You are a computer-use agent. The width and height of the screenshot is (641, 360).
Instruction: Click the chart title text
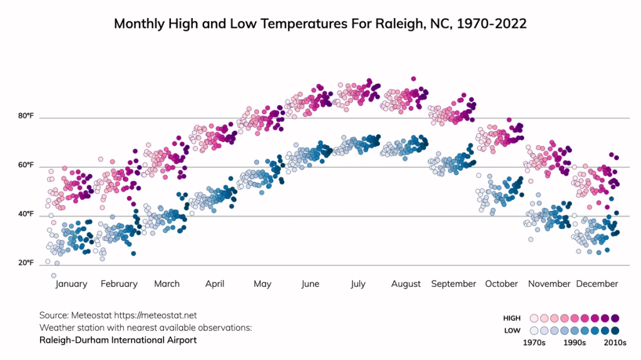click(320, 24)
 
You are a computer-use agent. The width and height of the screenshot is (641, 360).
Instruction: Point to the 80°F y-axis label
click(26, 116)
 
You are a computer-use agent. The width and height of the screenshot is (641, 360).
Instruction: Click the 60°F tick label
click(26, 165)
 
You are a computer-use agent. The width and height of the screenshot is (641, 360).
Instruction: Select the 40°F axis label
click(26, 214)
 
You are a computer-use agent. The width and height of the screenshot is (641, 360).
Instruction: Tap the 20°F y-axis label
click(26, 263)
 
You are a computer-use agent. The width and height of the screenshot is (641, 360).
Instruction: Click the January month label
click(71, 284)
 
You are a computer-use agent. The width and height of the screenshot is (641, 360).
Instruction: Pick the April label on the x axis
click(215, 284)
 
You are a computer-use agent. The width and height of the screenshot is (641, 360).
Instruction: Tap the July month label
click(357, 284)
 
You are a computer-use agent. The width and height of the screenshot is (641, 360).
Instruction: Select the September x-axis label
click(453, 284)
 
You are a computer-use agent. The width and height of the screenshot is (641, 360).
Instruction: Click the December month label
click(597, 284)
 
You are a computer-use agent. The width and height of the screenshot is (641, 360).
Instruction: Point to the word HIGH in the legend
click(511, 319)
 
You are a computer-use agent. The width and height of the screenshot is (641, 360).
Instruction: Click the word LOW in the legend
click(511, 331)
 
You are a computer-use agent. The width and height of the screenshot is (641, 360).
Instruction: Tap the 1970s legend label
click(535, 342)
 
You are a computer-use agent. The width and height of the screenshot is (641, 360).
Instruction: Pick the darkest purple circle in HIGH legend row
click(615, 318)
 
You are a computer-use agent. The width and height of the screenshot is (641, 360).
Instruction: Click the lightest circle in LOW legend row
click(534, 331)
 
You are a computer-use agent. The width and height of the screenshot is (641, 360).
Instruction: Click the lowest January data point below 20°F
click(54, 275)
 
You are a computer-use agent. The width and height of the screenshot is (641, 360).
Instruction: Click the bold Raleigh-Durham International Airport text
click(118, 340)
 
